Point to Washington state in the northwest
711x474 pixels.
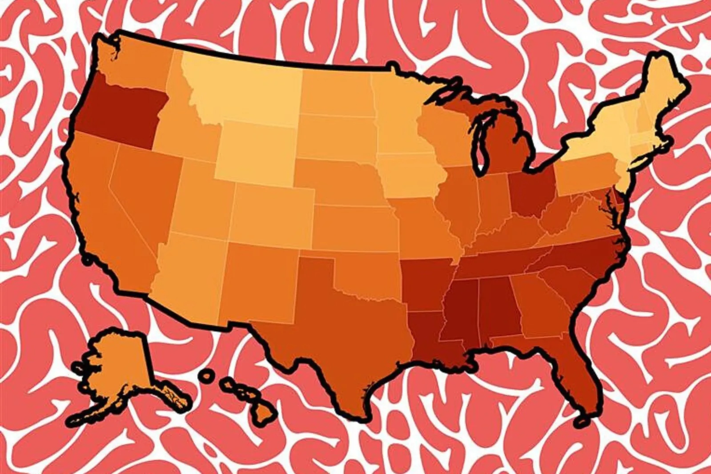(x=138, y=62)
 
